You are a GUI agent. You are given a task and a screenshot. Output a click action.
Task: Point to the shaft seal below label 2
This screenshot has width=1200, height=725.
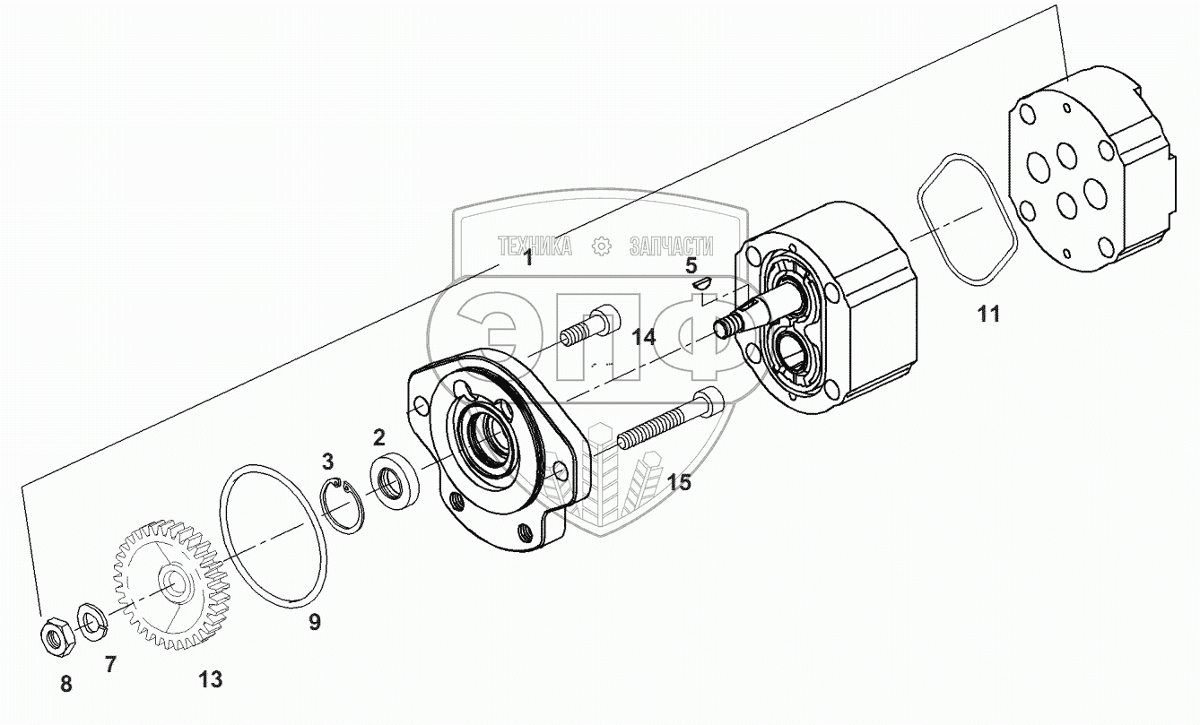coord(395,482)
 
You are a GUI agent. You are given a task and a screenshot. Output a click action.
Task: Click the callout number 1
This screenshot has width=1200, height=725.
coord(528,258)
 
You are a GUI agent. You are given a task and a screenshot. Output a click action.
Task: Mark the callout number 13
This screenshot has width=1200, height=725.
coord(210,679)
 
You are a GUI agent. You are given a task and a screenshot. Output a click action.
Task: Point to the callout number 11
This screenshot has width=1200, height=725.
coord(987,314)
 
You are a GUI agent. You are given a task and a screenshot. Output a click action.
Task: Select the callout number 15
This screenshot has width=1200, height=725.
coord(679,482)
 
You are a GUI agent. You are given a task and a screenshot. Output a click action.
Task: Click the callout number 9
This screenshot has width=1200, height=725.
coord(315,621)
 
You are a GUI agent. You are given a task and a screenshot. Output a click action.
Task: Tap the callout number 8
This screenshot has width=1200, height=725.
coord(65,684)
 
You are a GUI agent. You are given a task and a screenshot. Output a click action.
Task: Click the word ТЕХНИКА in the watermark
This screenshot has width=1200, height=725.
coord(535,246)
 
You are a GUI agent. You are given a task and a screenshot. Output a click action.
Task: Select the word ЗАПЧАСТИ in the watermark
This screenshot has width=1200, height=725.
coord(671,246)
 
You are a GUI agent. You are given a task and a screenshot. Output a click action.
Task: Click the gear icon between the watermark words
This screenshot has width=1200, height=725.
coord(601,246)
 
